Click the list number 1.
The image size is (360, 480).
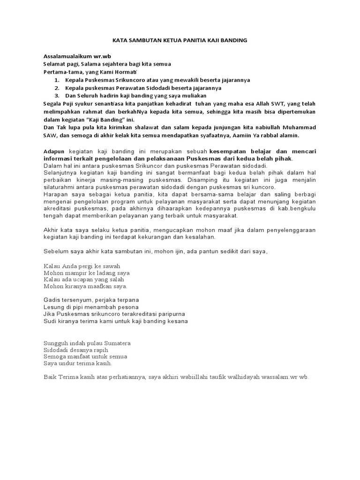[56, 80]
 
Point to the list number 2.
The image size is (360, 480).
[56, 88]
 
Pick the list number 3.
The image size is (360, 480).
[56, 95]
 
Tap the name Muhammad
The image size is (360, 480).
[298, 127]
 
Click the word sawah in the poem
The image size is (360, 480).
[112, 265]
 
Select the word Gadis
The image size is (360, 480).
[52, 300]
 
